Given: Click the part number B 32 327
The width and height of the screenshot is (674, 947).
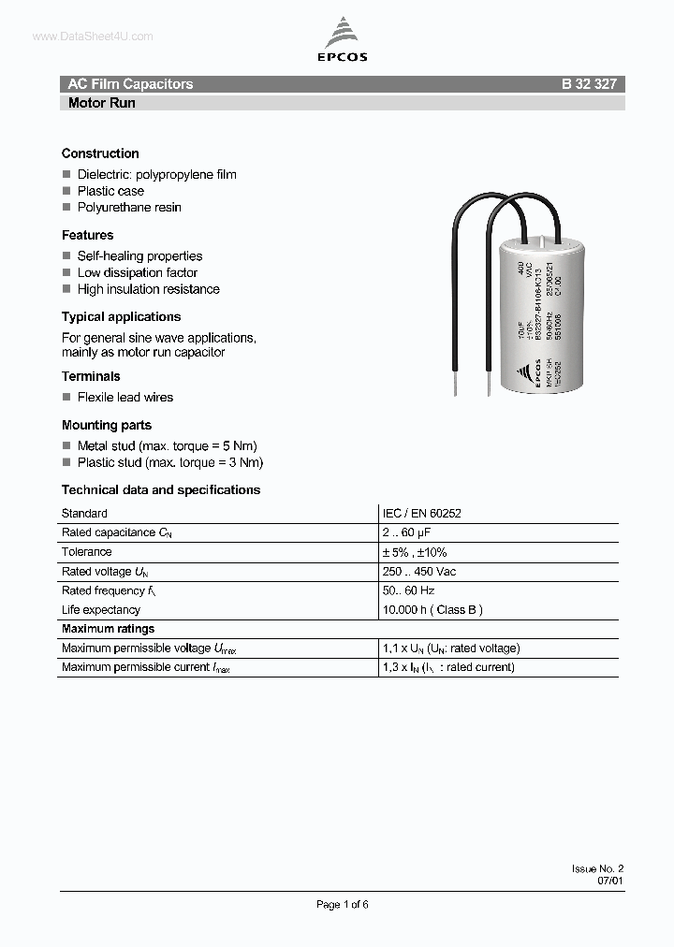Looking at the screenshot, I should pyautogui.click(x=589, y=84).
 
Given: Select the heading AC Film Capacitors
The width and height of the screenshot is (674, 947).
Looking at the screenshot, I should pyautogui.click(x=130, y=84).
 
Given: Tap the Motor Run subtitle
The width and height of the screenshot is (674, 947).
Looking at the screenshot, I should pyautogui.click(x=102, y=103).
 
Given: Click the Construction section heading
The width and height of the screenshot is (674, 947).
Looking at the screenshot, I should pyautogui.click(x=100, y=153).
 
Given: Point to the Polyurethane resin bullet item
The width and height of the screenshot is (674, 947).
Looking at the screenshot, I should pyautogui.click(x=129, y=208).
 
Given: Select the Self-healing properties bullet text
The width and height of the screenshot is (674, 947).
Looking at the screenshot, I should pyautogui.click(x=139, y=256).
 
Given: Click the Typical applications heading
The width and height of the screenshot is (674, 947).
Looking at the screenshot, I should pyautogui.click(x=121, y=317).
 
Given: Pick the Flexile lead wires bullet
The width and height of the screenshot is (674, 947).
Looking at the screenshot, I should pyautogui.click(x=125, y=398).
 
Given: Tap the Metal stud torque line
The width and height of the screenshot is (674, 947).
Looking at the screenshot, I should pyautogui.click(x=167, y=446).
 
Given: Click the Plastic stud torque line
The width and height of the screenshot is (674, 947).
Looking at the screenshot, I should pyautogui.click(x=169, y=463).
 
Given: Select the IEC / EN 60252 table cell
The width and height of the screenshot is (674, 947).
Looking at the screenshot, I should pyautogui.click(x=421, y=514).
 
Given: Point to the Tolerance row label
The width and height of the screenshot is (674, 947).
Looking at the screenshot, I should pyautogui.click(x=86, y=552).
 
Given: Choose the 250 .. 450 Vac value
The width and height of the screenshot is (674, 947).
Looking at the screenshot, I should pyautogui.click(x=419, y=572).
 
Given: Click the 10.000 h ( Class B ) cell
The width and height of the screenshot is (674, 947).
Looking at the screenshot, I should pyautogui.click(x=432, y=610).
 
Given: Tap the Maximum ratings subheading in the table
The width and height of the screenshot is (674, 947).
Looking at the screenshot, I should pyautogui.click(x=108, y=629).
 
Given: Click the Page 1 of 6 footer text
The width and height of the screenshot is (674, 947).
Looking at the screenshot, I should pyautogui.click(x=343, y=904).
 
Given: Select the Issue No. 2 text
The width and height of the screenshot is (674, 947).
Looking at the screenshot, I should pyautogui.click(x=597, y=869).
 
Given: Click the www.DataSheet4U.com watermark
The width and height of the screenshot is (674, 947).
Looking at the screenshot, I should pyautogui.click(x=93, y=36).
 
